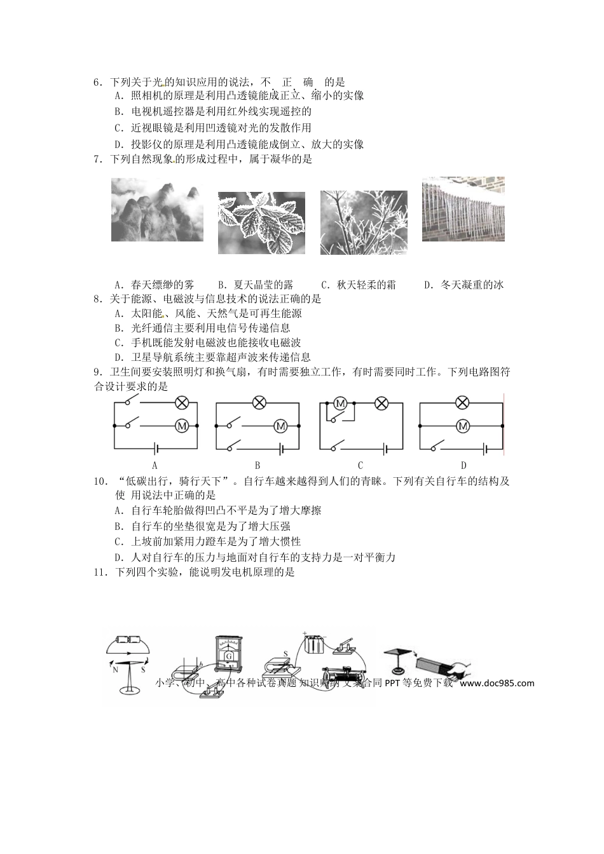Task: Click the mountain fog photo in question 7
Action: pyautogui.click(x=157, y=210)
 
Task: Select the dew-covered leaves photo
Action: pyautogui.click(x=261, y=223)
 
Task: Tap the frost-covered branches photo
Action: pyautogui.click(x=364, y=223)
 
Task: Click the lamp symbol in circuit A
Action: pyautogui.click(x=181, y=402)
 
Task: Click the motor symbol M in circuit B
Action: pyautogui.click(x=280, y=426)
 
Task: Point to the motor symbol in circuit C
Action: pyautogui.click(x=340, y=403)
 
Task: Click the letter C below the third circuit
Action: pyautogui.click(x=360, y=465)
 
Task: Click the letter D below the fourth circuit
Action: pyautogui.click(x=463, y=465)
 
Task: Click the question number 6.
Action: pyautogui.click(x=97, y=82)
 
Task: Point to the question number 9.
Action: pyautogui.click(x=97, y=372)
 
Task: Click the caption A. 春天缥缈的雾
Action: pyautogui.click(x=154, y=285)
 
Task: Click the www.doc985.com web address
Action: pyautogui.click(x=497, y=683)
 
